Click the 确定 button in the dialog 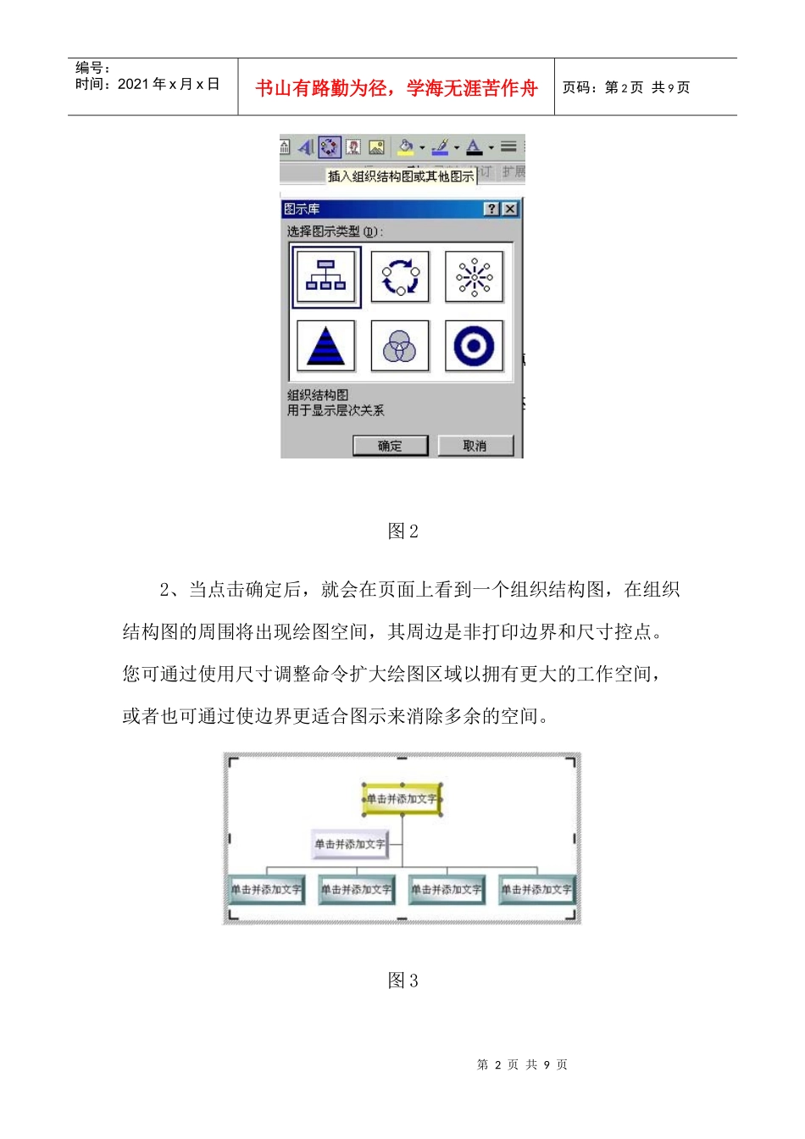pos(390,446)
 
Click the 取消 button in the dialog pos(475,446)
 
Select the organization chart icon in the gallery pos(326,276)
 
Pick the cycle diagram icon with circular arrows pos(400,276)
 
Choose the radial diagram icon pos(474,276)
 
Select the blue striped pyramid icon pos(326,346)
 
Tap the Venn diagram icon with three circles pos(400,346)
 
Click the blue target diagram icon pos(474,346)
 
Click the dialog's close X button pos(509,208)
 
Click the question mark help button pos(491,208)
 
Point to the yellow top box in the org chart pos(402,799)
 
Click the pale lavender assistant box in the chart pos(350,844)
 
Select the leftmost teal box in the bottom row pos(267,889)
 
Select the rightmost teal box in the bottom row pos(536,889)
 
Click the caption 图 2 pos(402,531)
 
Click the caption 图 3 pos(402,981)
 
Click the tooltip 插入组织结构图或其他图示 pos(400,176)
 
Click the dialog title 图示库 pos(302,208)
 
